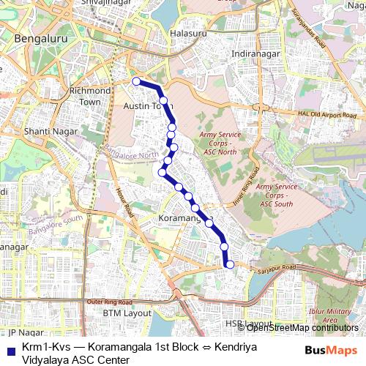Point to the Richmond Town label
point(89,96)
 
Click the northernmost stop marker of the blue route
point(135,81)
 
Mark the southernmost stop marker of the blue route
point(230,264)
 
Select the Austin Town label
point(146,107)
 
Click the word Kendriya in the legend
point(234,346)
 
